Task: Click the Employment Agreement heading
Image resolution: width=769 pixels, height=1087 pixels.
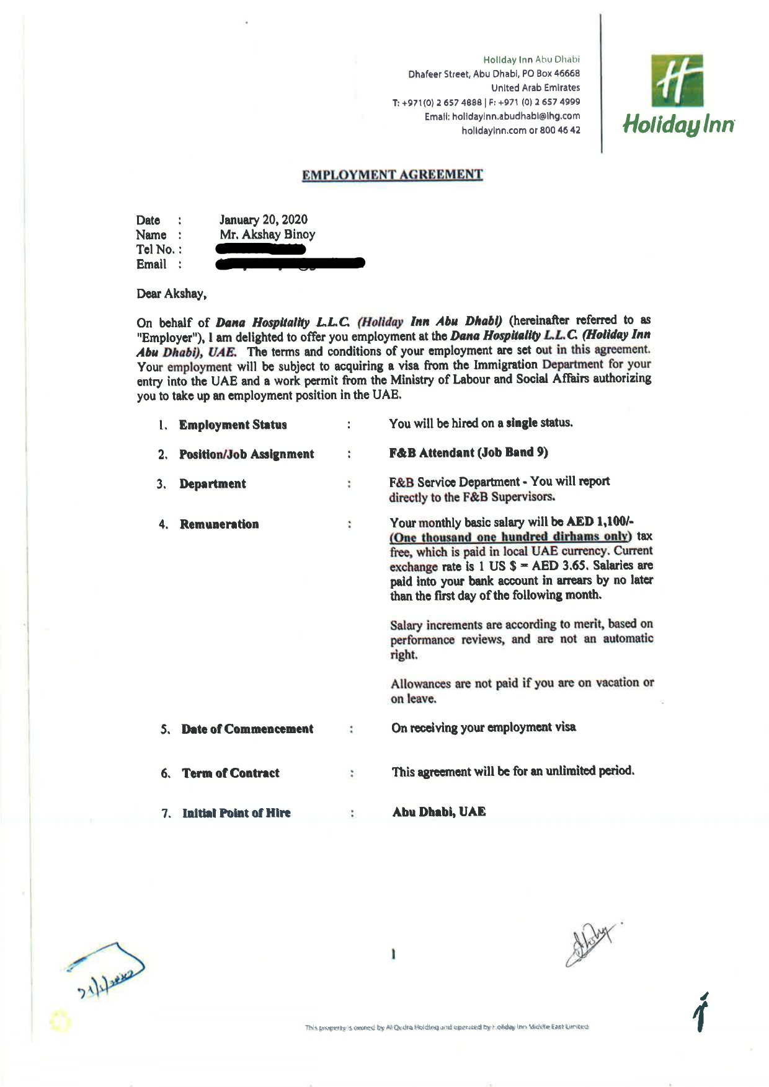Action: [392, 175]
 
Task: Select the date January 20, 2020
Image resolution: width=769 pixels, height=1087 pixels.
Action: [263, 219]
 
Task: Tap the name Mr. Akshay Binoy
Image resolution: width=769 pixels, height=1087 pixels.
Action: [267, 234]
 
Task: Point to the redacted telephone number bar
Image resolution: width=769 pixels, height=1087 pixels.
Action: [260, 249]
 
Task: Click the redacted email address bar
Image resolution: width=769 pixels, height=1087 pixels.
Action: [290, 264]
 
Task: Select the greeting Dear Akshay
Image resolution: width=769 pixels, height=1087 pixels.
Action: [171, 294]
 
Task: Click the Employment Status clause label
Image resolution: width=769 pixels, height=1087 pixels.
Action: [233, 425]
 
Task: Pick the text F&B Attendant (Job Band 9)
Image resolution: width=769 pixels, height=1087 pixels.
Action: [468, 452]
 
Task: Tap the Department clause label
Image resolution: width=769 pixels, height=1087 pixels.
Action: [212, 484]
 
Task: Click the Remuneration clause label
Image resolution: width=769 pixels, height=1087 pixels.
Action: [219, 524]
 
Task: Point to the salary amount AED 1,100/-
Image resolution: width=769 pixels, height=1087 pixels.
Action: [600, 522]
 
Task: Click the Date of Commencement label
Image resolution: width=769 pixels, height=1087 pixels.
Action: [247, 729]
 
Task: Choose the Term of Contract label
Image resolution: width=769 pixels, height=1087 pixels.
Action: [230, 773]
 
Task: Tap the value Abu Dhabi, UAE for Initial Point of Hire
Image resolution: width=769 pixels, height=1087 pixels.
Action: [438, 812]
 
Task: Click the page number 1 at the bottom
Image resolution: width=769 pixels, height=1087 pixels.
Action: [393, 954]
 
